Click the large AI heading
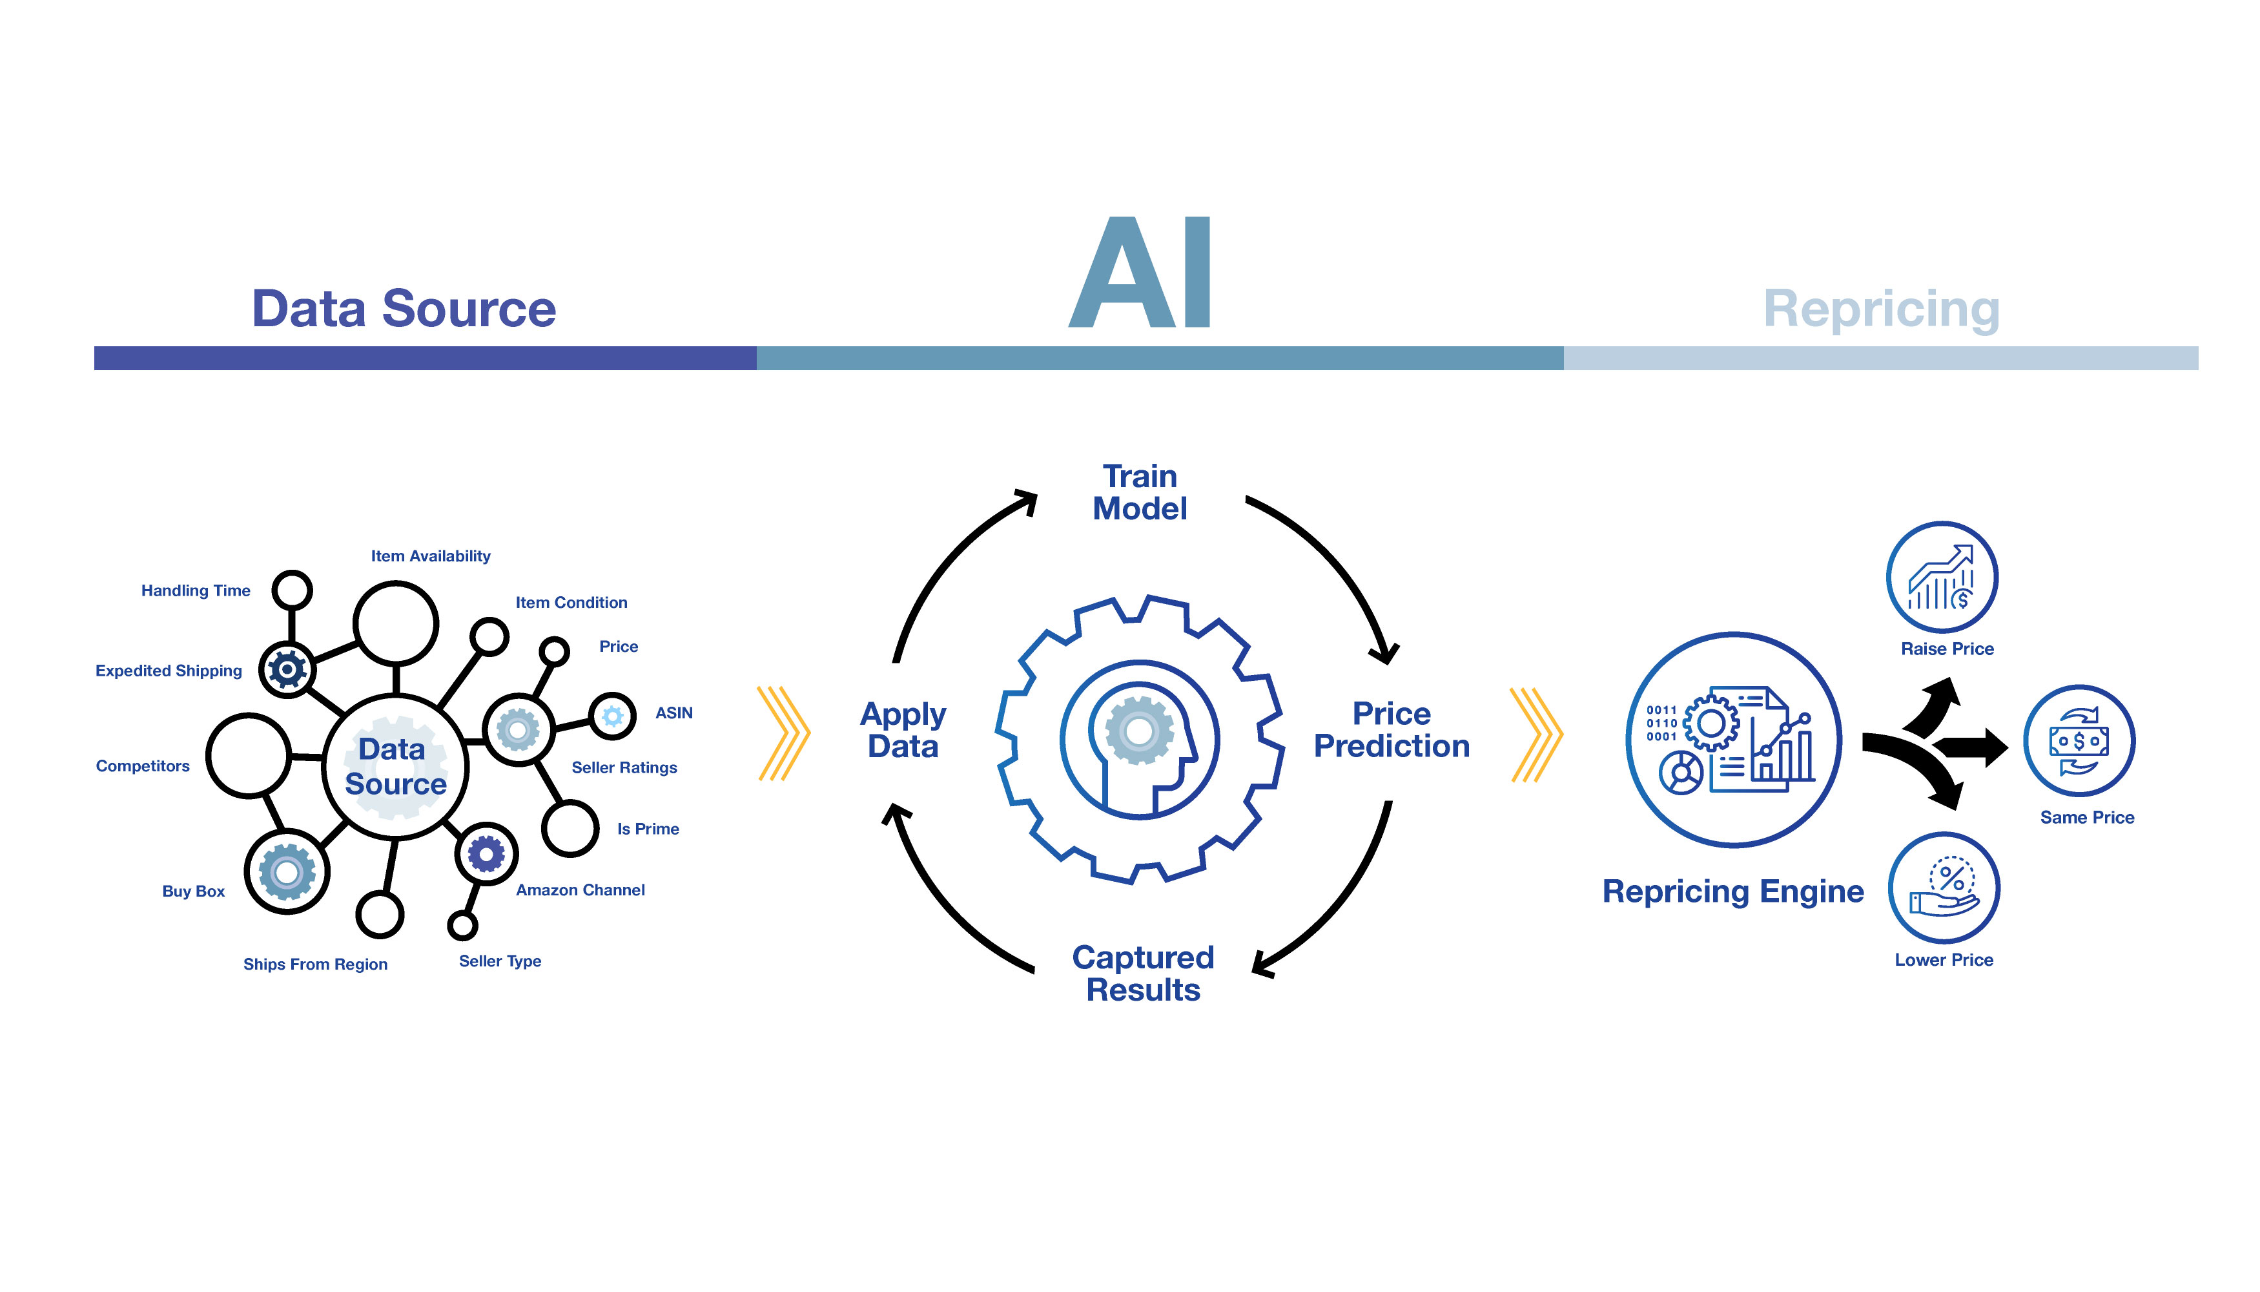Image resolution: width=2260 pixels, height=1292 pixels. (1140, 273)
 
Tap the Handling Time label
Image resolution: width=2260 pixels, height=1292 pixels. (196, 591)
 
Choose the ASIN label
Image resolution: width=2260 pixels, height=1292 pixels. (674, 713)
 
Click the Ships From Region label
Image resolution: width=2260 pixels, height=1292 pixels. (316, 964)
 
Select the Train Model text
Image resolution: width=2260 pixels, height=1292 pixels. (1140, 494)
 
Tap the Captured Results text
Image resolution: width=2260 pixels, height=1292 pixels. (1144, 974)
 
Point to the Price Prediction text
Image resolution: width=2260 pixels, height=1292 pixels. (1392, 730)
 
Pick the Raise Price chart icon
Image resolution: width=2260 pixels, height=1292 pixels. (1942, 577)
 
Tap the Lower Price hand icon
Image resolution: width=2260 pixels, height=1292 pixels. (1944, 888)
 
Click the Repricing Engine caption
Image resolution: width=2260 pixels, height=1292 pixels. (1733, 891)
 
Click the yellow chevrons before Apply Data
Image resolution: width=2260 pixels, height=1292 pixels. (784, 734)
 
